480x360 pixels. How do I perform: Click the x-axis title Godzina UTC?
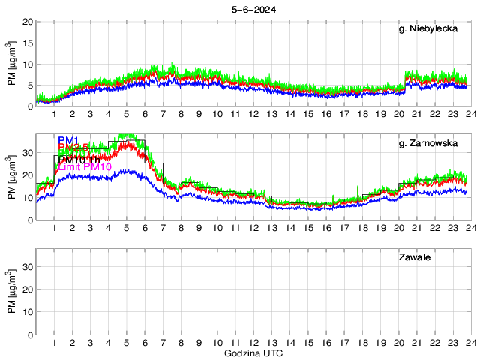tap(253, 352)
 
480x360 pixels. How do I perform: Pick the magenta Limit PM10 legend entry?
tap(84, 166)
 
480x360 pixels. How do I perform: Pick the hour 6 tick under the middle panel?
tap(145, 229)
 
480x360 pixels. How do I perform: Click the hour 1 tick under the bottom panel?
tap(55, 343)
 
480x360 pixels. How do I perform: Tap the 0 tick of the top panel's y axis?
tap(28, 106)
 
